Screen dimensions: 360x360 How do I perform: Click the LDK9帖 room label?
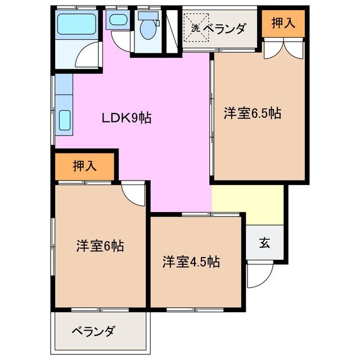tap(126, 118)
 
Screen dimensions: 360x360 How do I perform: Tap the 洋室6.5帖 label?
tap(252, 112)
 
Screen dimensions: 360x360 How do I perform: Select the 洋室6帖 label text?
tap(100, 246)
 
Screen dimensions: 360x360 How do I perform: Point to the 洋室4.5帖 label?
tap(191, 262)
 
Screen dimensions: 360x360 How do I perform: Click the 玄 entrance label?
tap(264, 243)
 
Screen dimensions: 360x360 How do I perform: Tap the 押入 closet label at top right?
tap(283, 24)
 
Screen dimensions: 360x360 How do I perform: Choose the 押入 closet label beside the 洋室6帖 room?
tap(85, 166)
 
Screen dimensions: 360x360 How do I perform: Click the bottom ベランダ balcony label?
tap(93, 331)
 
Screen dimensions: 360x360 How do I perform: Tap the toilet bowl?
tap(148, 28)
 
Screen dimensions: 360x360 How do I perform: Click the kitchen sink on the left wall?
tap(64, 119)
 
